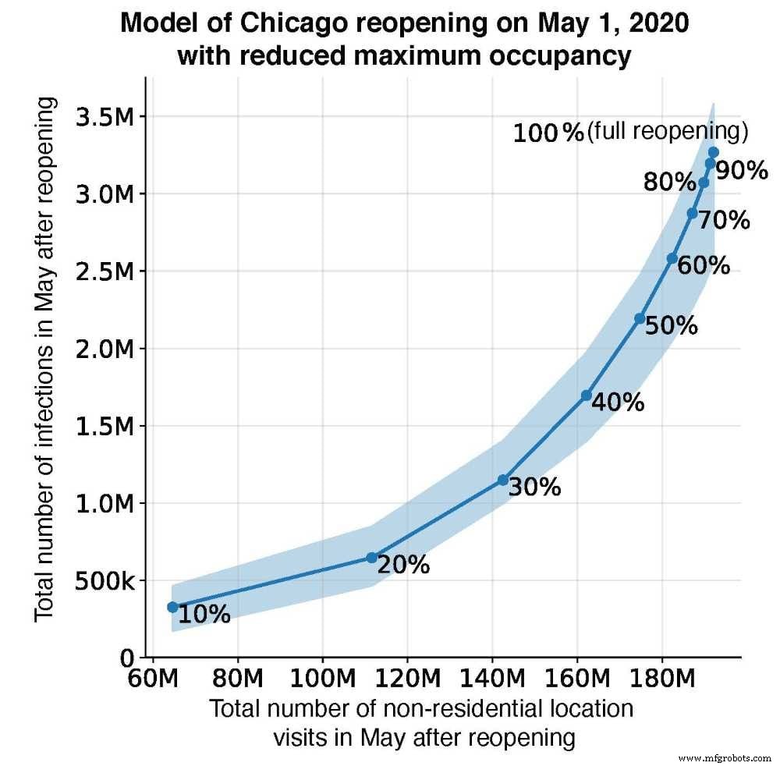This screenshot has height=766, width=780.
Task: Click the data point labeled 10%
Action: [x=172, y=607]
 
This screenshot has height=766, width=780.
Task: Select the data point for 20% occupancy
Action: [x=371, y=558]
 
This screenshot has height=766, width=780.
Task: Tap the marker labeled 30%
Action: [x=503, y=481]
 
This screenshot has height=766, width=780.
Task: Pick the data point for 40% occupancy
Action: [x=587, y=395]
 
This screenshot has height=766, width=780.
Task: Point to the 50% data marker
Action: [x=640, y=318]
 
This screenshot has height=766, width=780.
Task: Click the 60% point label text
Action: [x=704, y=266]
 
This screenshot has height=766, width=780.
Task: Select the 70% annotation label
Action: [x=724, y=221]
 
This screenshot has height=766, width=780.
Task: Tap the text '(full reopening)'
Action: [x=667, y=131]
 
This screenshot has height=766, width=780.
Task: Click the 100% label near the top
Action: [x=548, y=133]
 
